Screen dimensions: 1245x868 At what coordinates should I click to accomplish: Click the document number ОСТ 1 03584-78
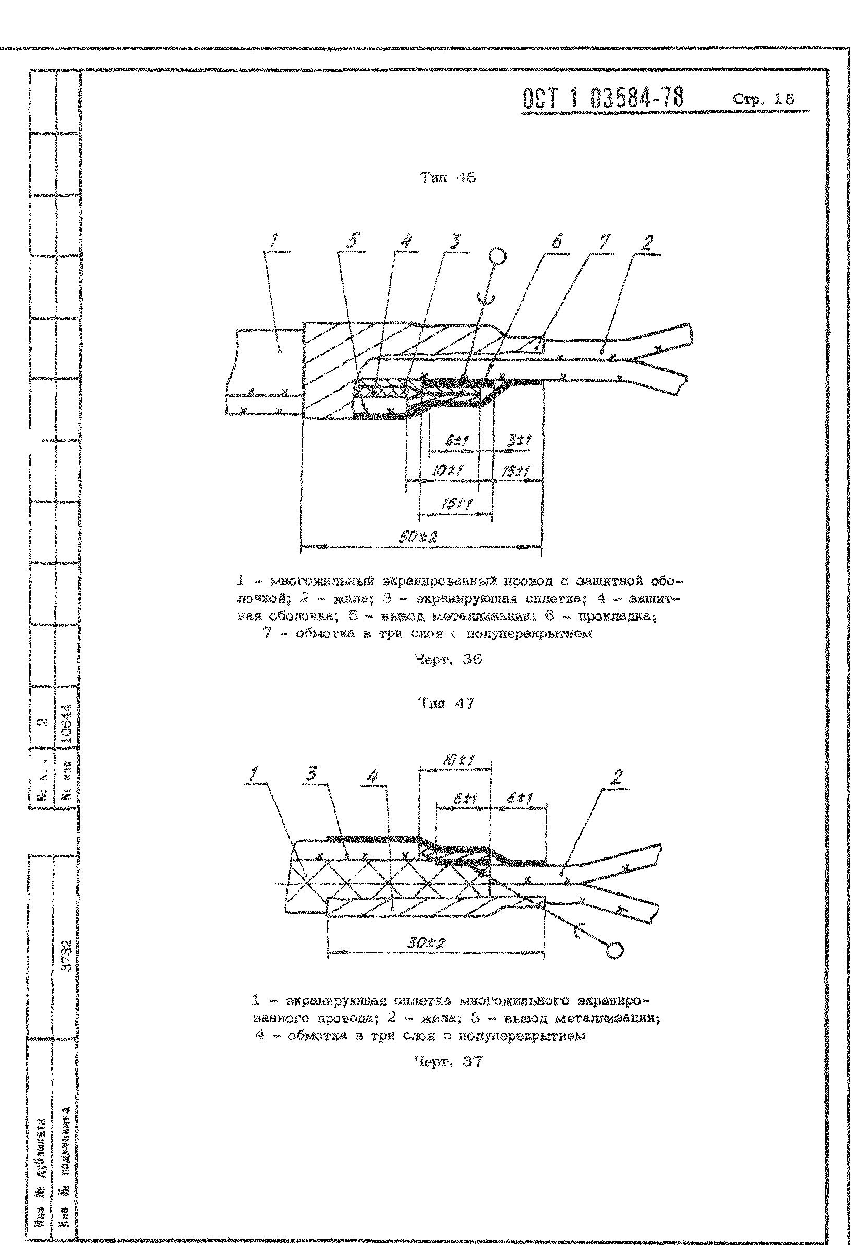click(x=602, y=100)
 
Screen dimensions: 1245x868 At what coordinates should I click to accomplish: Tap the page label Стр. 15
click(x=763, y=99)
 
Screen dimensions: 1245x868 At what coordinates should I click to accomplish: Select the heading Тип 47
click(x=446, y=703)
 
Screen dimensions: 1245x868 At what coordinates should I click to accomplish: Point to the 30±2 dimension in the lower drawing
click(x=426, y=943)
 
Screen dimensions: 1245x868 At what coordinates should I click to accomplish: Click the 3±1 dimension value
click(x=519, y=441)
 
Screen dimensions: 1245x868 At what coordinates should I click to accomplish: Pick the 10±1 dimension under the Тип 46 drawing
click(x=447, y=470)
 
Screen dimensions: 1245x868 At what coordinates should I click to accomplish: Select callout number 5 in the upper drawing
click(x=352, y=241)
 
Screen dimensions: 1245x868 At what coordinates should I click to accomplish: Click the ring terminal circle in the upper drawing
click(x=498, y=255)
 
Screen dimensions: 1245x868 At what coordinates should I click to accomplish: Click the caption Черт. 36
click(x=448, y=659)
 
